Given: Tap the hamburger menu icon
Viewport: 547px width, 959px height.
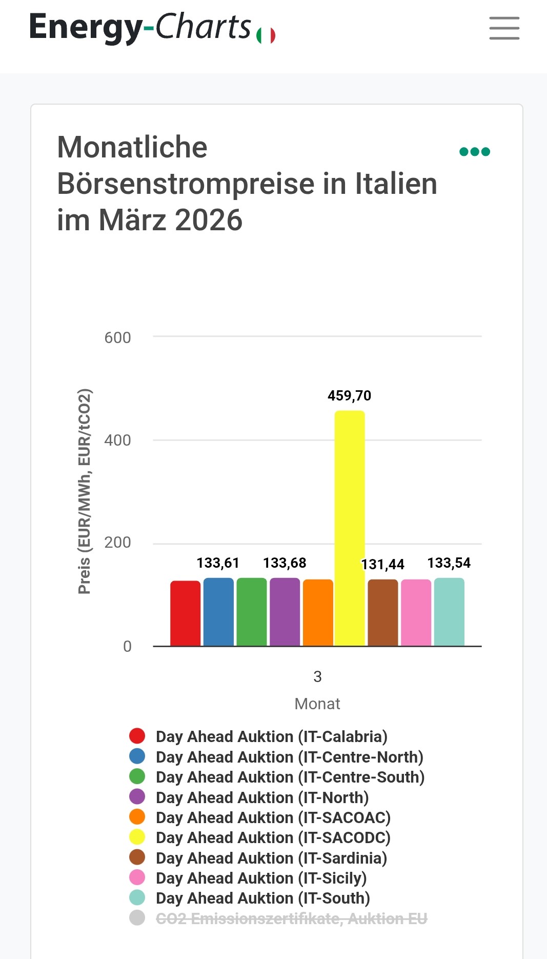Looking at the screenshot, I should pos(504,28).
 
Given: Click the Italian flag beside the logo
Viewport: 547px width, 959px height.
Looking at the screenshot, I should pos(266,35).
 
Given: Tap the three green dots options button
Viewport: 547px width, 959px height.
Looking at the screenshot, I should pos(475,152).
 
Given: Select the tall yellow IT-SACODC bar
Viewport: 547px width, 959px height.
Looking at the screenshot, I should pos(350,528).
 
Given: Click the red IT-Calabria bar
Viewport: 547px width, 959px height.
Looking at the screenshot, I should pos(185,613).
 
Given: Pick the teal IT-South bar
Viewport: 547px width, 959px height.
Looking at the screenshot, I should pos(449,612).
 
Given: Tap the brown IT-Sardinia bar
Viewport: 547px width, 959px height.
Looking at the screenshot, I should pos(382,613).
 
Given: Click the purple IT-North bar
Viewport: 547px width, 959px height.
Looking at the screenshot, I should pos(285,612).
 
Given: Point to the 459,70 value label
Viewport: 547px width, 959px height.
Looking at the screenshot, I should pos(350,395).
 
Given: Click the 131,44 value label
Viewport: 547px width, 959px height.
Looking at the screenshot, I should pos(383,565).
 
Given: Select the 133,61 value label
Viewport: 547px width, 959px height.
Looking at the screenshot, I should pos(218,563).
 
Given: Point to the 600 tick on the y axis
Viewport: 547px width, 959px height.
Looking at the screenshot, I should pos(117,338).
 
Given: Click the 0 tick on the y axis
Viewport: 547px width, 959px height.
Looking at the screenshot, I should pos(127,646).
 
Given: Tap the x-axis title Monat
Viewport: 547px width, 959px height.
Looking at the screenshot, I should pos(317,704).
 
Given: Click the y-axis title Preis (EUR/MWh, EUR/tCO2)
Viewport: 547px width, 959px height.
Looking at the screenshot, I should pos(85,491).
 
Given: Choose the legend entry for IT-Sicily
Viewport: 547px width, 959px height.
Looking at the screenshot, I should pos(261,878).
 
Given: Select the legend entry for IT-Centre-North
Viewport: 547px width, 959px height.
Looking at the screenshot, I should pos(289,757).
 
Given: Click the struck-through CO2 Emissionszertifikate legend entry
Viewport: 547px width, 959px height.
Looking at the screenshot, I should pos(291,918).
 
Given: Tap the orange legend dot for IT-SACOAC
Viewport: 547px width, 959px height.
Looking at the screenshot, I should pos(137,817).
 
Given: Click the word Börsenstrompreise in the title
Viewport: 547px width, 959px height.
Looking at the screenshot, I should pos(186,184).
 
